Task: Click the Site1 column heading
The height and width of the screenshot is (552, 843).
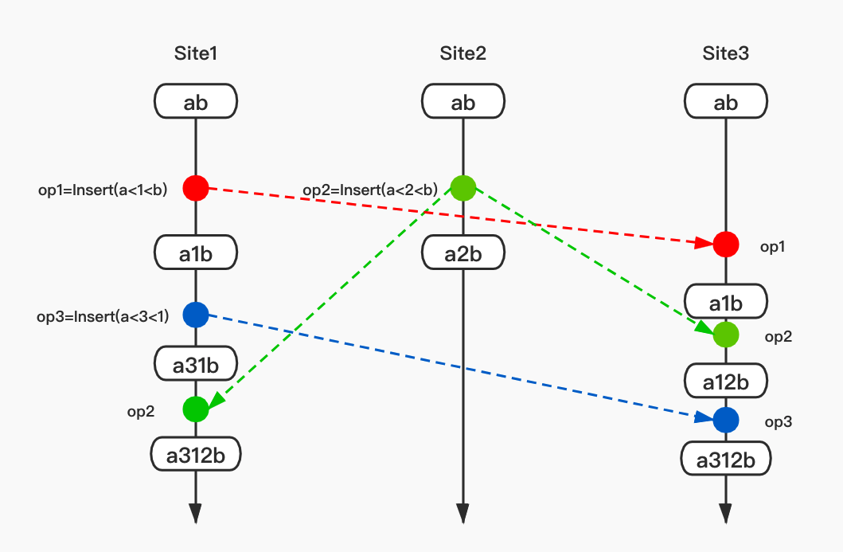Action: [196, 54]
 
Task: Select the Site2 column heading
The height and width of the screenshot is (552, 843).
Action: [462, 54]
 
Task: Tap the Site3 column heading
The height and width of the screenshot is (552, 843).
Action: [725, 54]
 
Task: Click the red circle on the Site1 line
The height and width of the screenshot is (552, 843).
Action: [196, 188]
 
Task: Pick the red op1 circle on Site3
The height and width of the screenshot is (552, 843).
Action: [725, 244]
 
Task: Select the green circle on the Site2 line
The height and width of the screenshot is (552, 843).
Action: [462, 188]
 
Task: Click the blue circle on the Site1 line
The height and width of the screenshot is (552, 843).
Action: [196, 315]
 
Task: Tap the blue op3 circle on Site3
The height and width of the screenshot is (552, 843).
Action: [725, 418]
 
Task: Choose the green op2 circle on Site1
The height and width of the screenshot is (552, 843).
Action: [196, 409]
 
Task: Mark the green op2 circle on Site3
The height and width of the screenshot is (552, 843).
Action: [725, 335]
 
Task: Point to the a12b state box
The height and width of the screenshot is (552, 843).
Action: [725, 382]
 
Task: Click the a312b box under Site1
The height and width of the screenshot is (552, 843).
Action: [196, 456]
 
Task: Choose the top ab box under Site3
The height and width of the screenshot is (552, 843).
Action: [725, 102]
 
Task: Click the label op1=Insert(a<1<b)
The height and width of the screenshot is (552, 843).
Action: [103, 190]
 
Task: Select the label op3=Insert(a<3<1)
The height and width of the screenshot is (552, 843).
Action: [103, 316]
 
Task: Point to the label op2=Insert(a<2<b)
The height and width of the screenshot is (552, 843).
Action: [370, 190]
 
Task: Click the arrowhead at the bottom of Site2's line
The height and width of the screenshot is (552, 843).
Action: [462, 514]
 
